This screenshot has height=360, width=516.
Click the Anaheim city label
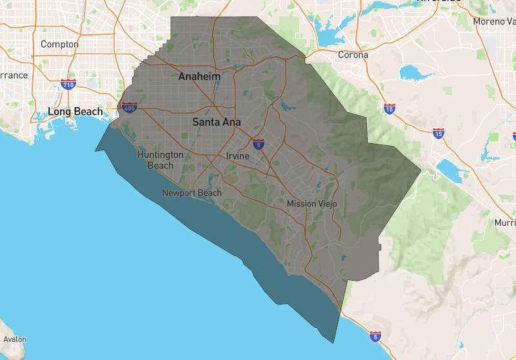tap(199, 77)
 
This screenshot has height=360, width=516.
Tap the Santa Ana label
tap(216, 122)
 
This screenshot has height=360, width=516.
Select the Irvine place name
tap(237, 156)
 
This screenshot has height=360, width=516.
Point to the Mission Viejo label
tap(312, 204)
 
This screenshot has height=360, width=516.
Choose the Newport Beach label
tap(192, 193)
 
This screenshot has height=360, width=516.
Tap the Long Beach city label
tap(75, 112)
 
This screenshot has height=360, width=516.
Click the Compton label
tap(59, 45)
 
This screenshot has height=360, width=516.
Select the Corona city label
tap(353, 55)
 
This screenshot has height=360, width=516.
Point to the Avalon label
tap(15, 339)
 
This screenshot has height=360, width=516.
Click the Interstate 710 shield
tap(68, 84)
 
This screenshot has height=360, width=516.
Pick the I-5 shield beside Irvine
tap(258, 144)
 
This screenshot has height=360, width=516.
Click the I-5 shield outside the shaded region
tap(375, 336)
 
